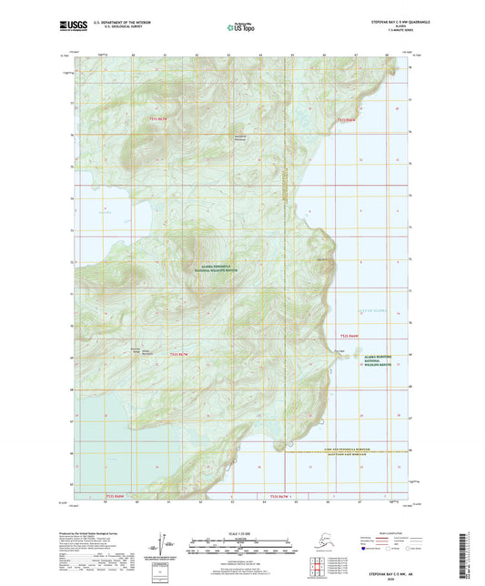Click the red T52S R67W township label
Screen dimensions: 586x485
click(x=181, y=354)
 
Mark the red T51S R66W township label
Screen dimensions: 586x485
click(x=349, y=118)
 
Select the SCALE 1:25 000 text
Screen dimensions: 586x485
click(x=242, y=532)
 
